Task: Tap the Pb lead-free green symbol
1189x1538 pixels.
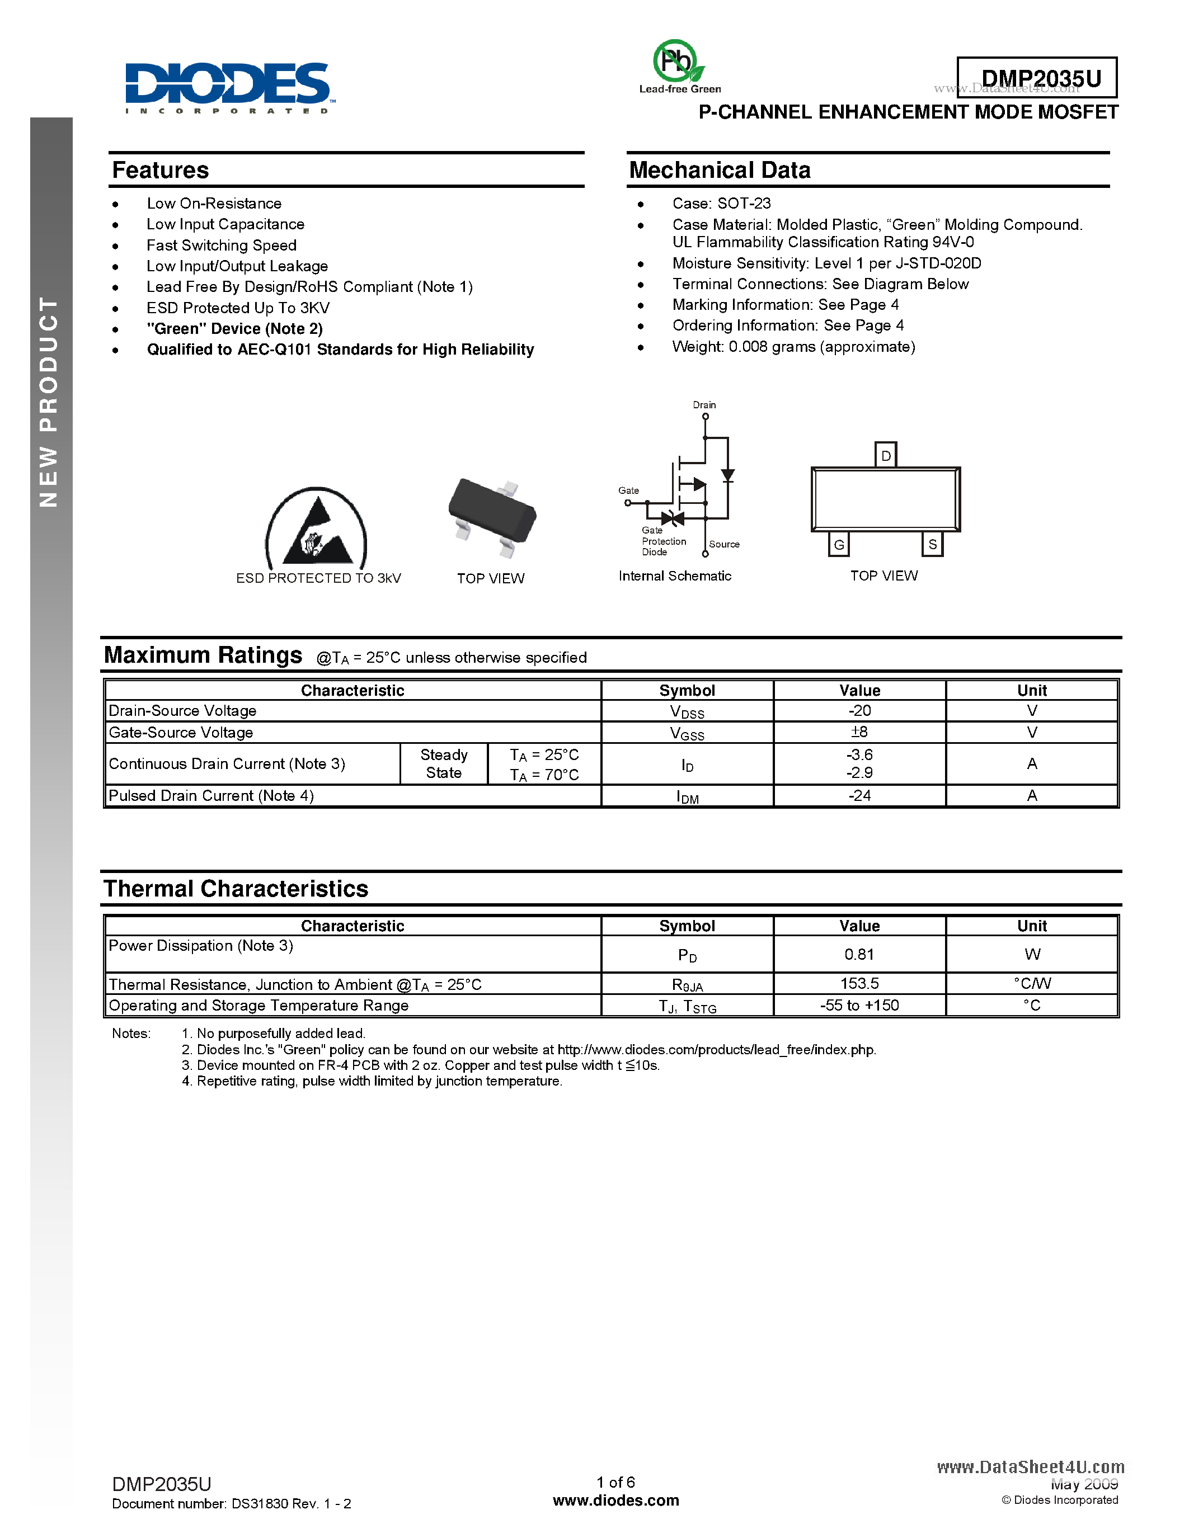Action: pos(677,63)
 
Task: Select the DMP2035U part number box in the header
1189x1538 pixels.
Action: pos(1037,78)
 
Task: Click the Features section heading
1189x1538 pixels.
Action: pos(161,171)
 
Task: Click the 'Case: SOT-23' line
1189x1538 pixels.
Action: pos(721,204)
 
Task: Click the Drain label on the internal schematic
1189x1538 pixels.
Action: pos(704,405)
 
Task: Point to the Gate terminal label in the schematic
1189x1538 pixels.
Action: pos(628,490)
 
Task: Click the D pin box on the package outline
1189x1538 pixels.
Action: pos(885,455)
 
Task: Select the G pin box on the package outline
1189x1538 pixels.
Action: pos(838,544)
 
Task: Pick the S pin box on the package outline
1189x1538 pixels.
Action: pos(932,544)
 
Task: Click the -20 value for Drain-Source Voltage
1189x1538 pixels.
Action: pos(859,710)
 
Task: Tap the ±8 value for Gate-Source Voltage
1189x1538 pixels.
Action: pos(859,732)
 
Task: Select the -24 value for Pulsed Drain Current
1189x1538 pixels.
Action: pos(859,796)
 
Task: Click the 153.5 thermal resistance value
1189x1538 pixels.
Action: pos(859,983)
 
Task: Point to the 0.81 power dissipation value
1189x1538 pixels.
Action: pos(859,954)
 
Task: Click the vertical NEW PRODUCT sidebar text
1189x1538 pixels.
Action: pos(49,402)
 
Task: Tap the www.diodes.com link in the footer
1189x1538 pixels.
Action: pos(615,1500)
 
